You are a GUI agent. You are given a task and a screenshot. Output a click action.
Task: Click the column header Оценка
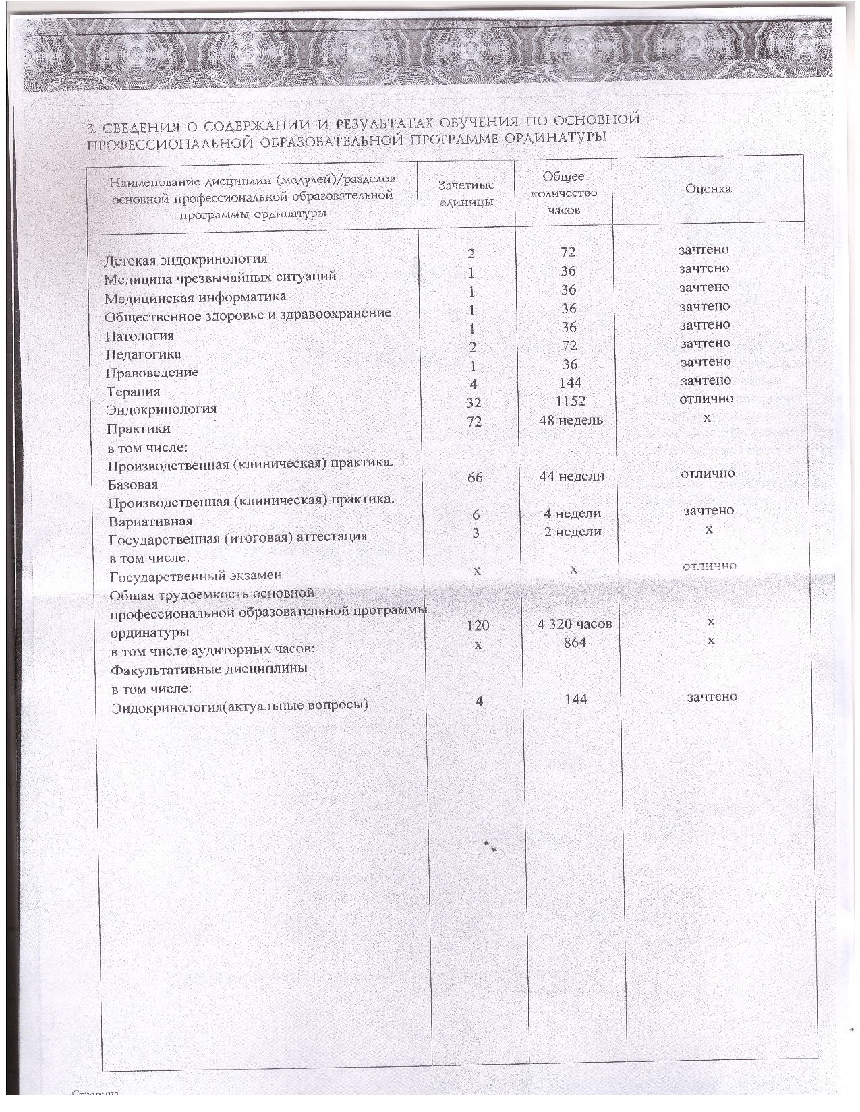pyautogui.click(x=708, y=189)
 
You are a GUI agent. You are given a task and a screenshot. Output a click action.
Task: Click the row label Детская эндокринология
pyautogui.click(x=185, y=259)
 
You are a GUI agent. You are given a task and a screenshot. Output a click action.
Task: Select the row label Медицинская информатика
pyautogui.click(x=195, y=297)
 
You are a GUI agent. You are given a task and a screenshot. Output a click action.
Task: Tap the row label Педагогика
pyautogui.click(x=143, y=354)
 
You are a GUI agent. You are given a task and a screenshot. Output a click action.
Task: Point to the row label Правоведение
pyautogui.click(x=152, y=372)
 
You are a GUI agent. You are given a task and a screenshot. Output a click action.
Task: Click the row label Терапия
pyautogui.click(x=133, y=392)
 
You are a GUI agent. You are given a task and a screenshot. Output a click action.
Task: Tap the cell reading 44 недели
pyautogui.click(x=572, y=476)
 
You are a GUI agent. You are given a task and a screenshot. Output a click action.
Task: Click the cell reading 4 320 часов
pyautogui.click(x=575, y=624)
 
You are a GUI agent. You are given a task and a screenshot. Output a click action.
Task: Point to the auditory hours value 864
pyautogui.click(x=575, y=643)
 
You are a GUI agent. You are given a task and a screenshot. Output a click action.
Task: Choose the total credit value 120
pyautogui.click(x=478, y=625)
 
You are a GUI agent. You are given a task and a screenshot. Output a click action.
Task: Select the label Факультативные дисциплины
pyautogui.click(x=209, y=669)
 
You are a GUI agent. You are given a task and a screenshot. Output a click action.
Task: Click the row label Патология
pyautogui.click(x=140, y=336)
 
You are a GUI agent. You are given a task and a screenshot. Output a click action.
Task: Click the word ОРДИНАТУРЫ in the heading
pyautogui.click(x=554, y=137)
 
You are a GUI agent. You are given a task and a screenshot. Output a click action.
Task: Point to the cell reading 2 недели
pyautogui.click(x=573, y=532)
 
